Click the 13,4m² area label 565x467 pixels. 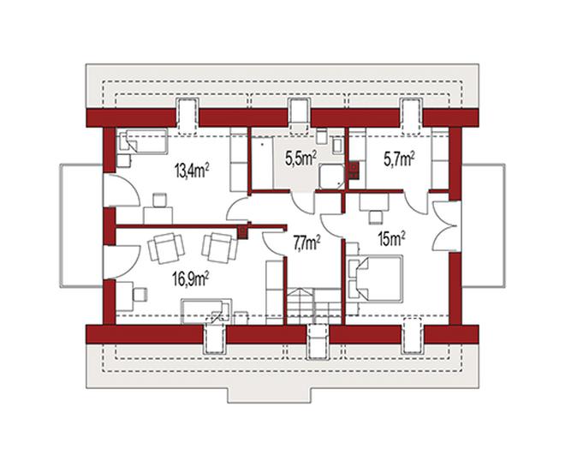click(x=193, y=171)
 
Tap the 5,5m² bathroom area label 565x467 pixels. click(x=301, y=158)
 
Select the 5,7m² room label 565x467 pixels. click(x=399, y=159)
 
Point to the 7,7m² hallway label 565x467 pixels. click(x=307, y=242)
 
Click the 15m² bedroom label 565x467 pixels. click(x=392, y=238)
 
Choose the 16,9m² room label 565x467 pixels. click(x=191, y=278)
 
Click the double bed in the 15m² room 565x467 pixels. click(x=375, y=278)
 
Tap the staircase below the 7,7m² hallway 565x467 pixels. click(x=314, y=306)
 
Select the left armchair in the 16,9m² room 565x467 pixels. click(x=166, y=248)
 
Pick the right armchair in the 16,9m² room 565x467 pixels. click(x=220, y=248)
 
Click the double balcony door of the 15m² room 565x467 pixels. click(x=444, y=226)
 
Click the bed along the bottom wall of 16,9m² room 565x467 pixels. click(x=206, y=312)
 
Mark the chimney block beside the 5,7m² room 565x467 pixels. click(x=354, y=171)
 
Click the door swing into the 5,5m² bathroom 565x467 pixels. click(x=303, y=202)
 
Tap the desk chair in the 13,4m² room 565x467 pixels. click(x=160, y=201)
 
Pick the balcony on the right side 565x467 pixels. click(x=483, y=225)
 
